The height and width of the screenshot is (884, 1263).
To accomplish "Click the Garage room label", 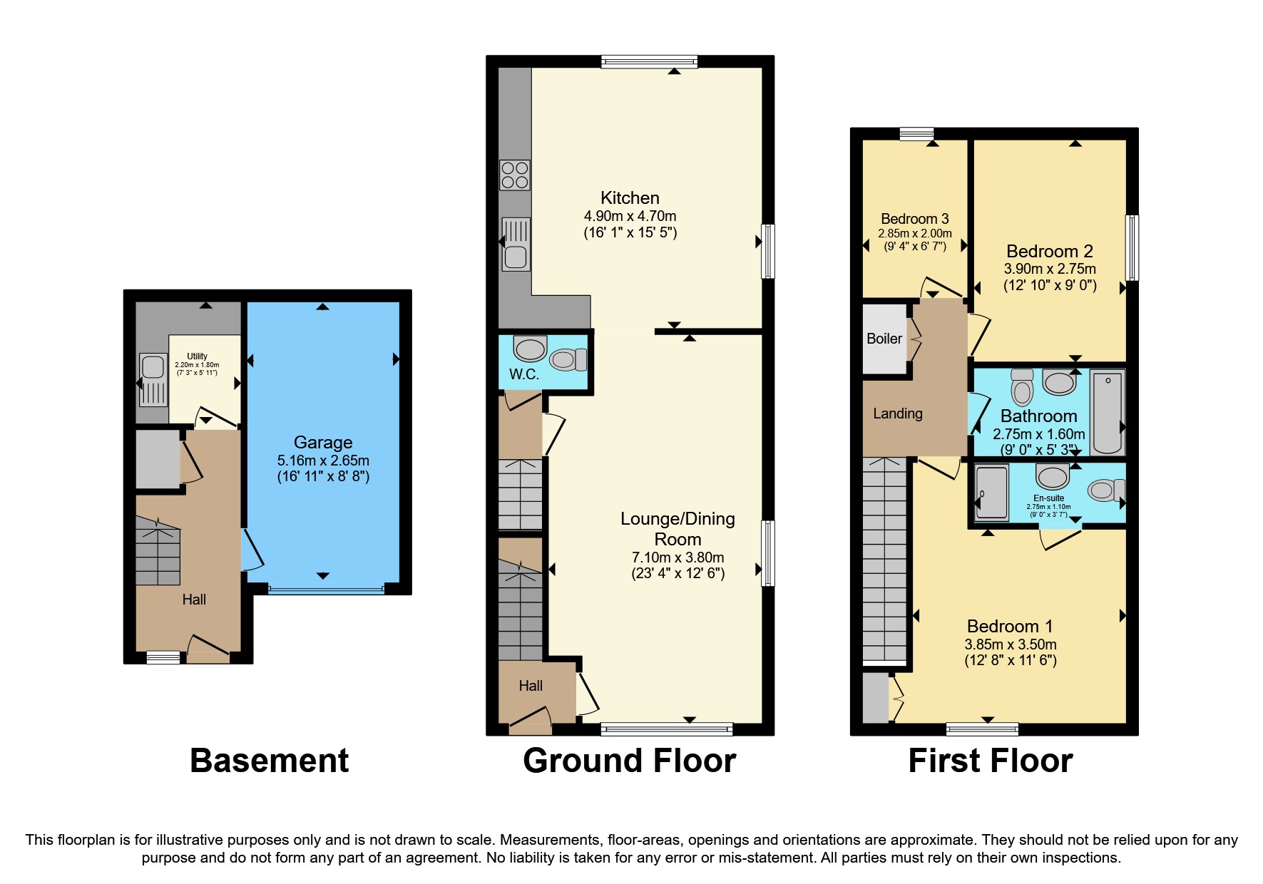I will [x=323, y=443].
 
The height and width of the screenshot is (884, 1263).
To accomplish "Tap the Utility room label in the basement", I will [x=197, y=356].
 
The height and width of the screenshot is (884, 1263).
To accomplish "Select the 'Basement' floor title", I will [x=269, y=761].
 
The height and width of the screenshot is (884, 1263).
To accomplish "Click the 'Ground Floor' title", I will [x=629, y=761].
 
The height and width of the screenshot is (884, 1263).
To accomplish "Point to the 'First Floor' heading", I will [x=990, y=761].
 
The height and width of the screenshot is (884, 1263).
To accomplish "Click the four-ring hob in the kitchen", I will [x=515, y=175].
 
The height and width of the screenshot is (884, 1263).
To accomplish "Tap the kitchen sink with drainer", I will [x=516, y=245].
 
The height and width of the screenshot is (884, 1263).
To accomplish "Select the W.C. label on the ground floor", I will [x=523, y=375].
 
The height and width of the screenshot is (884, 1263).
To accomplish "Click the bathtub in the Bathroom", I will [x=1108, y=412].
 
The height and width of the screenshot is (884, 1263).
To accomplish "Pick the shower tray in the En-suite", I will [x=992, y=493].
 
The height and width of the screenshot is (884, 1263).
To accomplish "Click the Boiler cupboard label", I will [x=884, y=339].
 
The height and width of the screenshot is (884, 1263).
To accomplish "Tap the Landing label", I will [x=897, y=413].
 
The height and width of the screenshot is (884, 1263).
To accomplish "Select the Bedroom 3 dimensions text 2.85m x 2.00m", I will [x=914, y=233].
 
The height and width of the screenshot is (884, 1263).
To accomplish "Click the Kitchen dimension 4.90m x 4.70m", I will [x=630, y=216].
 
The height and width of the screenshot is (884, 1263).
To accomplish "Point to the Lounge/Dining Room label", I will [x=677, y=529].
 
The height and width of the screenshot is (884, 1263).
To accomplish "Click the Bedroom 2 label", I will [x=1049, y=251].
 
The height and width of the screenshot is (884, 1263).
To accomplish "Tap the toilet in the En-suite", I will [x=1105, y=490].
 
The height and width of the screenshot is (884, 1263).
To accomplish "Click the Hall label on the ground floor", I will [x=530, y=686].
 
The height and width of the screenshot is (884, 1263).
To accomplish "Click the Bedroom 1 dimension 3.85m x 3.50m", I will [x=1010, y=644].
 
